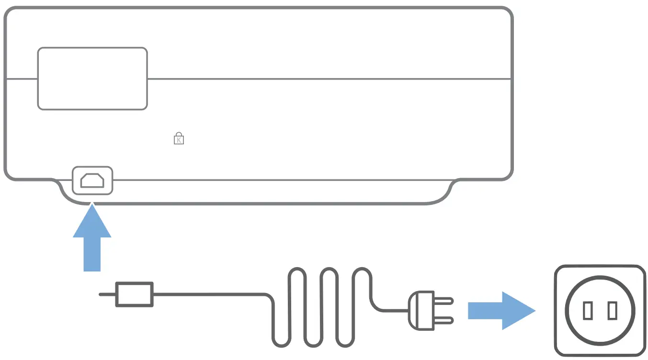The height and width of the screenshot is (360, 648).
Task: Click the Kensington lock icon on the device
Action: point(179,138)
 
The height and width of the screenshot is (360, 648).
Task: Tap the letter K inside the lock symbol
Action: point(179,140)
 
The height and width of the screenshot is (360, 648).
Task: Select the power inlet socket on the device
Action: point(92,180)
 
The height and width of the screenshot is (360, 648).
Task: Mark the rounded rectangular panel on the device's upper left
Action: point(92,79)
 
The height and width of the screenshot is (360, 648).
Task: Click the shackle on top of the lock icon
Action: point(179,134)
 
